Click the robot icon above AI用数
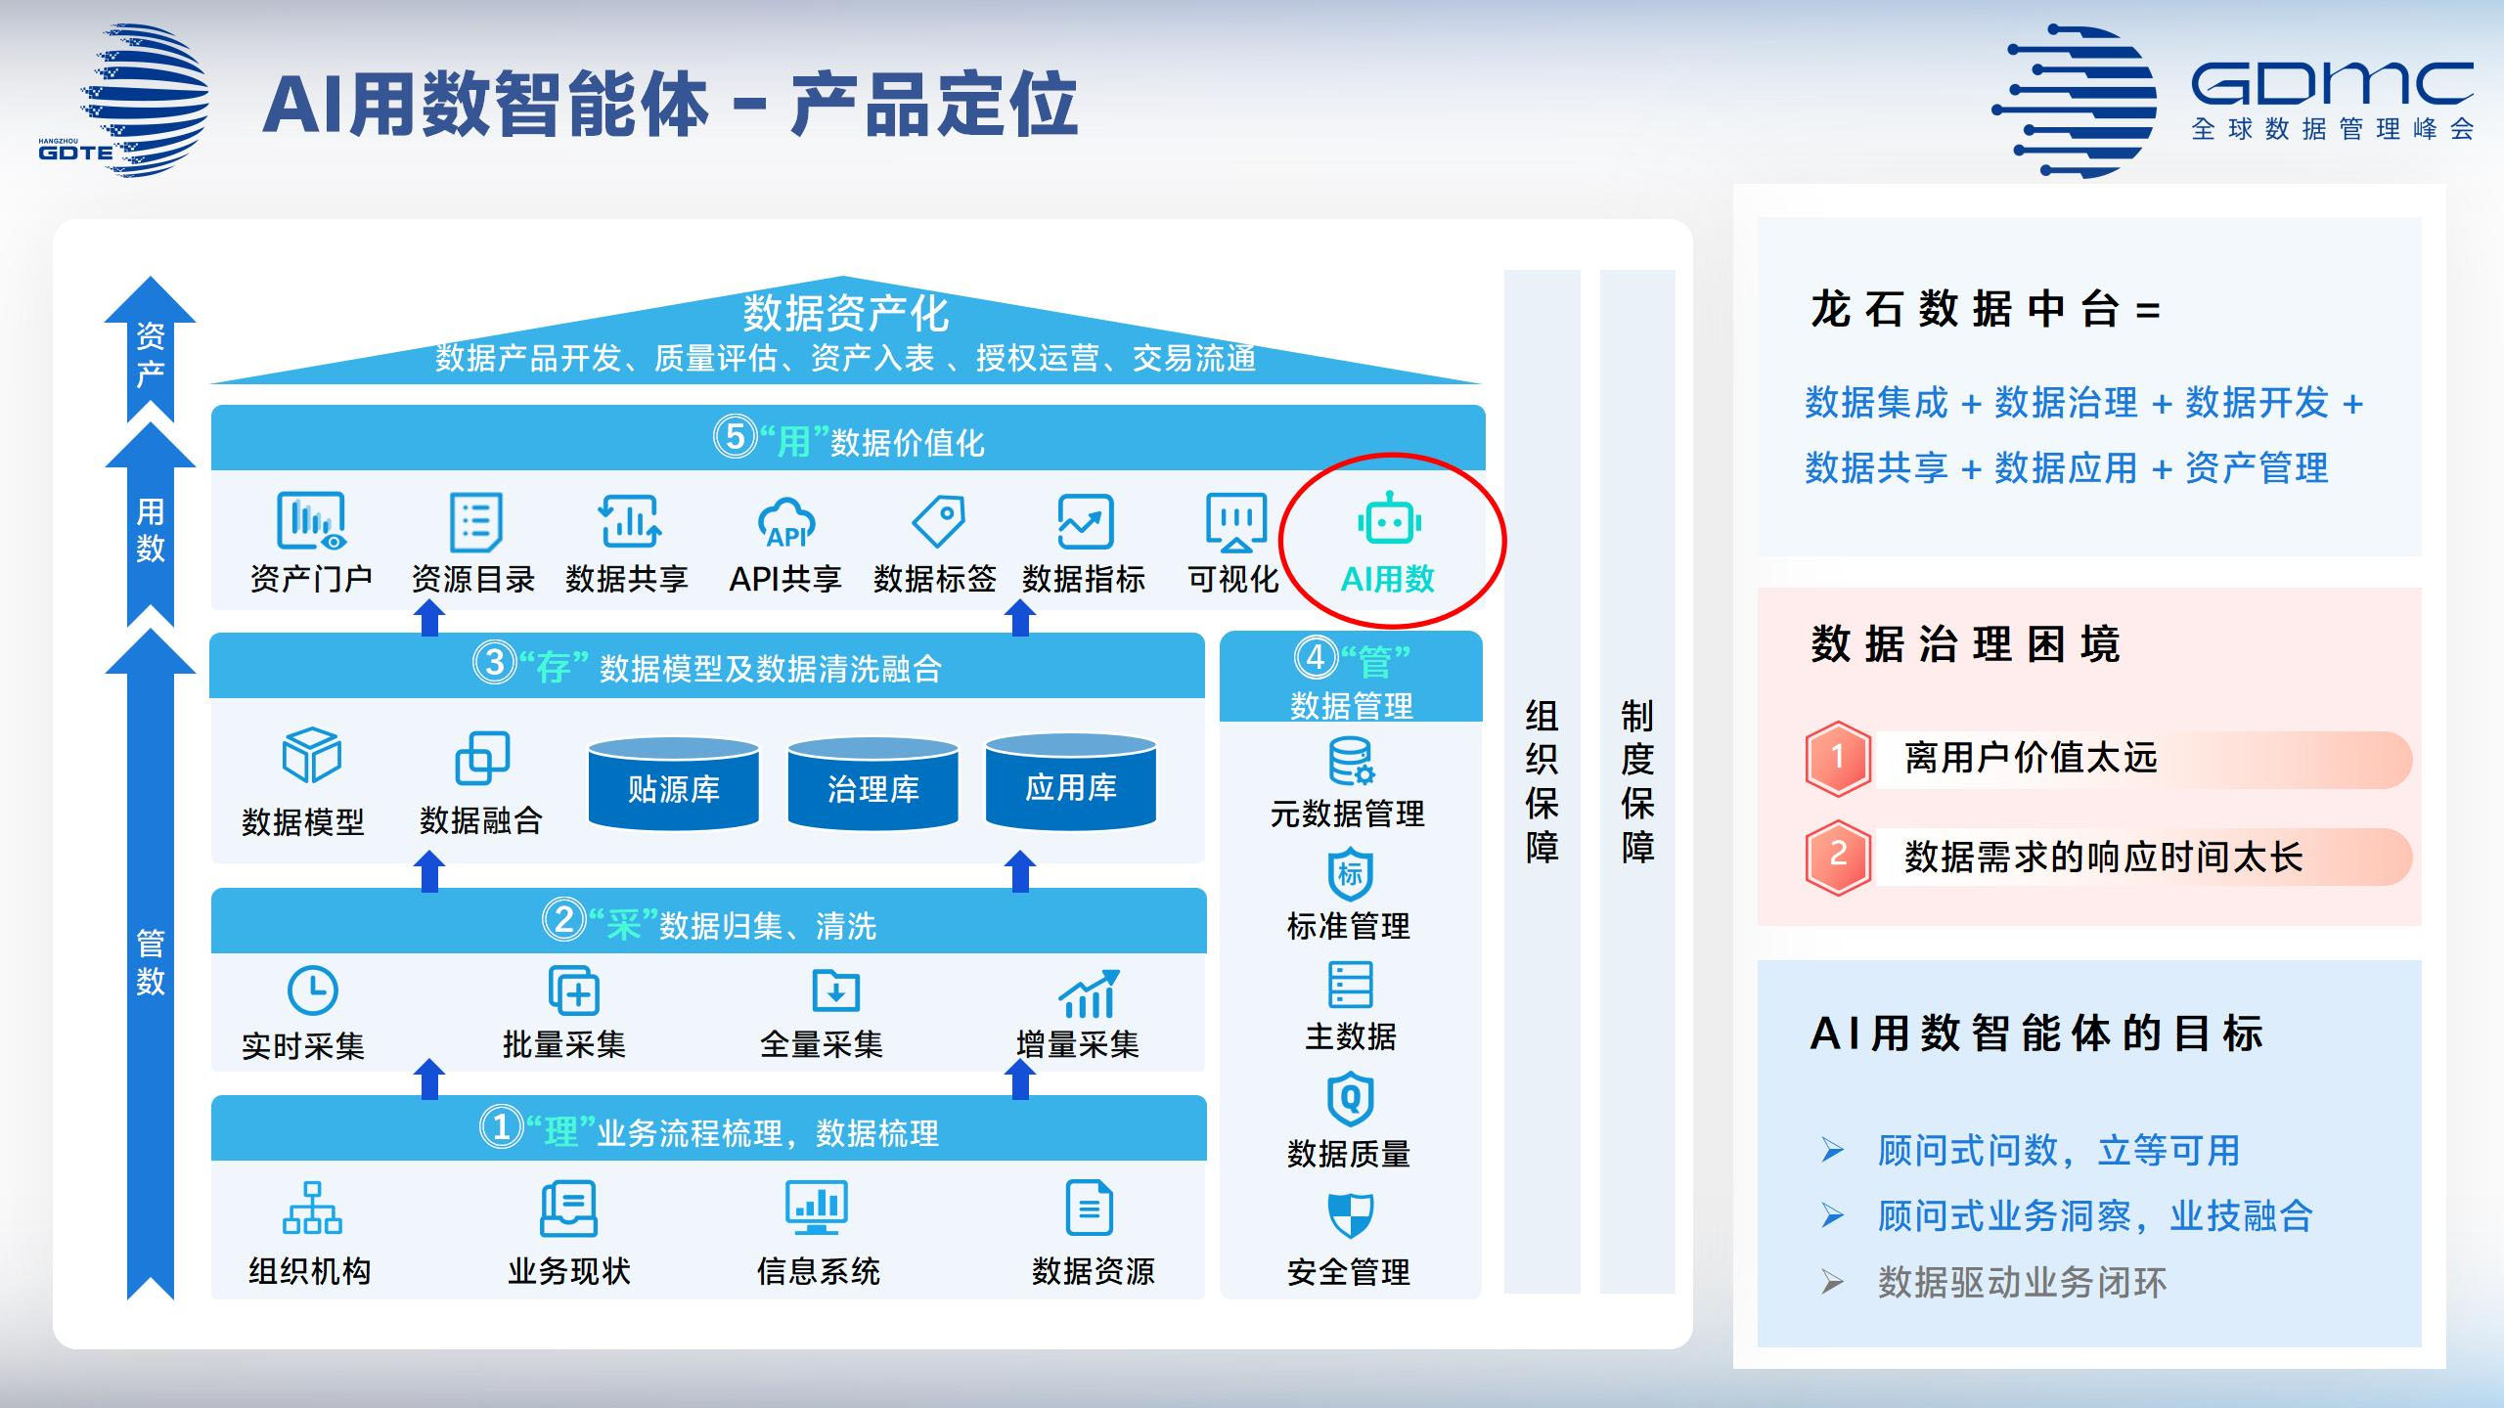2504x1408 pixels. coord(1389,519)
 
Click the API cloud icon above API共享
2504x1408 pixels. coord(785,523)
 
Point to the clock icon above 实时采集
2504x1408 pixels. coord(312,990)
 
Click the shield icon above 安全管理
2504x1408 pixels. coord(1350,1214)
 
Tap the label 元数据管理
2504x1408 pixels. coord(1347,814)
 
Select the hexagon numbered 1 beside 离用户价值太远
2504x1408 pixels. coord(1838,758)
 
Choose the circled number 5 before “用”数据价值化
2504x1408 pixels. coord(735,437)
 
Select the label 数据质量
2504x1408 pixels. coord(1348,1154)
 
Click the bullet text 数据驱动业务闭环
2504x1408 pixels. coord(2021,1282)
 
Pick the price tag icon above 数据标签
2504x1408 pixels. coord(938,520)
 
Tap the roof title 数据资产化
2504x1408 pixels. coord(845,313)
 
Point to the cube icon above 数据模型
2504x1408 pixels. coord(311,755)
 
